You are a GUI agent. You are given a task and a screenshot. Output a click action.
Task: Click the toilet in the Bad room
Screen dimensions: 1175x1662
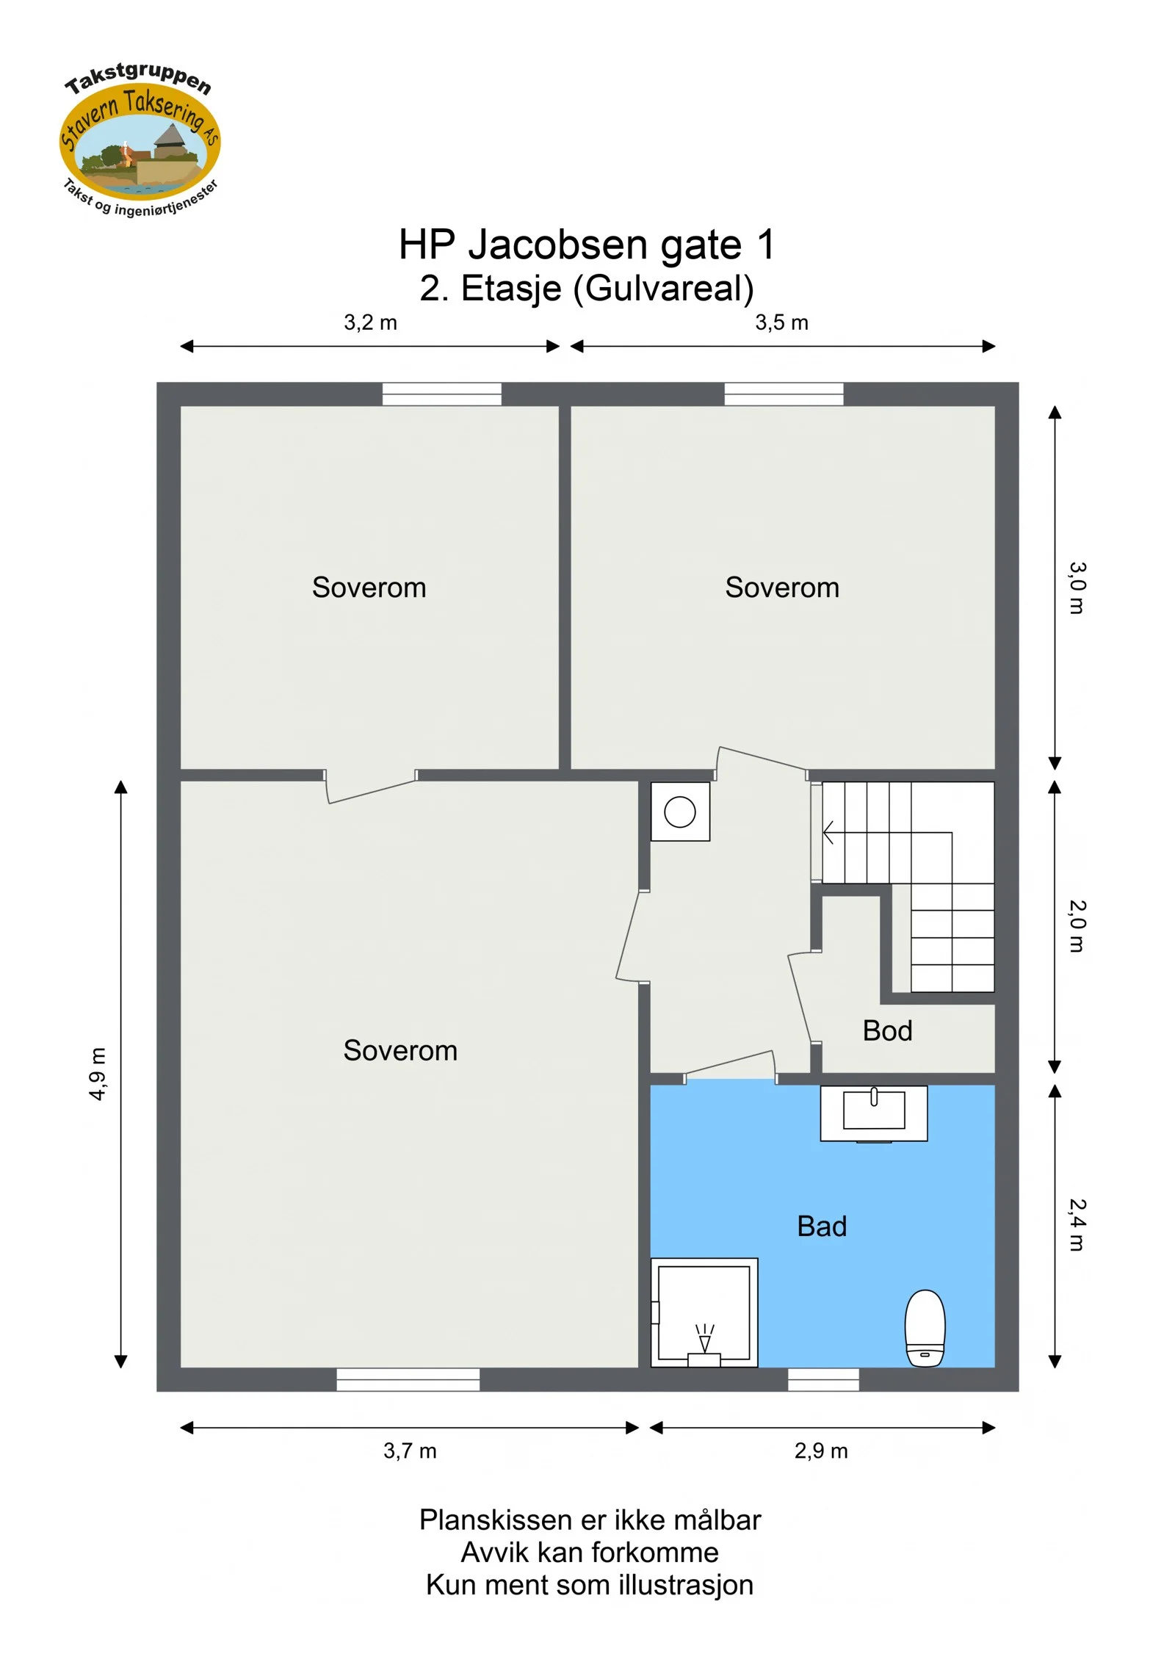pos(925,1328)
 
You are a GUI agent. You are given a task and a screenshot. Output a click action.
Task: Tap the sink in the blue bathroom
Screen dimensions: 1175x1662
pos(874,1113)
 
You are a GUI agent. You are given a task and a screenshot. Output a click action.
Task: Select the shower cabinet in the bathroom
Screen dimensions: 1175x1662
pos(704,1312)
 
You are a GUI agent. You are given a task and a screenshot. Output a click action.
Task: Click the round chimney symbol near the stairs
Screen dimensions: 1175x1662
pos(680,812)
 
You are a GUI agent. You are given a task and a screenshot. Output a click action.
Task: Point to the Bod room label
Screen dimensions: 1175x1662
pos(887,1031)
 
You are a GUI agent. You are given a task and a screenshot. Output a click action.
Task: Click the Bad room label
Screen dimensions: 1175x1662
pos(822,1226)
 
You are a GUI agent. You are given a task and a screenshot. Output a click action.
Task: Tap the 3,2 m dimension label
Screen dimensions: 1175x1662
pos(370,322)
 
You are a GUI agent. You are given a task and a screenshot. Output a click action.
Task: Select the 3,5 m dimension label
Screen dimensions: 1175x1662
pos(781,322)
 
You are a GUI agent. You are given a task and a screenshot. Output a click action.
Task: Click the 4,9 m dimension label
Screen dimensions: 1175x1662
pos(98,1074)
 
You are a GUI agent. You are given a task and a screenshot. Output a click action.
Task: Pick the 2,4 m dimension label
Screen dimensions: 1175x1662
pos(1077,1224)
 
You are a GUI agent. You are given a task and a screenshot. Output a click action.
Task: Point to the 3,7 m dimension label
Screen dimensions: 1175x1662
pos(410,1450)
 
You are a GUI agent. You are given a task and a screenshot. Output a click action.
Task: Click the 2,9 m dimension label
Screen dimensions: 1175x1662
pos(821,1450)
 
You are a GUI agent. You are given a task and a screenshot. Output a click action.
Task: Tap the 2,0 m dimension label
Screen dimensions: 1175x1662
pos(1077,926)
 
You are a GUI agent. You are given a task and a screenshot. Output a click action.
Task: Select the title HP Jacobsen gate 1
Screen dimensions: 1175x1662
pos(587,245)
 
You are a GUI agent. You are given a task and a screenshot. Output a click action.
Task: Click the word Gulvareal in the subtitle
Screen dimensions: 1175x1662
pos(664,288)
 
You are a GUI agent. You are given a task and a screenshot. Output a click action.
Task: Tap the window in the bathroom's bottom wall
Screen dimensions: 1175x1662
pos(823,1379)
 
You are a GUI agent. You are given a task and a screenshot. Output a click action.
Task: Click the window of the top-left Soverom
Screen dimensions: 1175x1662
pos(441,394)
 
